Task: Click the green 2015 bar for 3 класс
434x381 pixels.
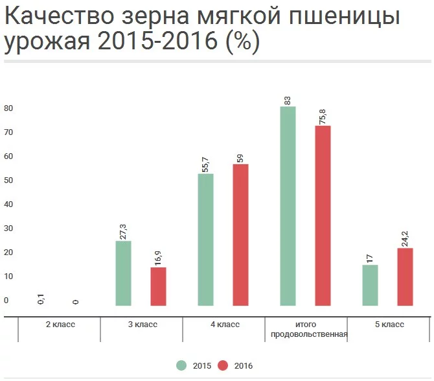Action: [123, 273]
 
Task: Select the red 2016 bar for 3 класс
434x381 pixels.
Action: [158, 286]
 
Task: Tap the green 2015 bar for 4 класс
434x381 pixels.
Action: [205, 240]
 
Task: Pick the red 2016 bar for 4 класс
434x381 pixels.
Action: [240, 234]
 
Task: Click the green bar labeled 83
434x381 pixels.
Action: [288, 206]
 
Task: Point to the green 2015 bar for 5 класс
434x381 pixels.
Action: [370, 285]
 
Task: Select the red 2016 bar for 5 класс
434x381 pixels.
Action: [405, 277]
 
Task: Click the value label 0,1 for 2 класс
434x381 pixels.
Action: [41, 299]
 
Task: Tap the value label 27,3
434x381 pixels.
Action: [123, 230]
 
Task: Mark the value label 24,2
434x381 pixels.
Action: [405, 238]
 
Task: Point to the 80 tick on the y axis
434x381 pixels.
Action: [8, 108]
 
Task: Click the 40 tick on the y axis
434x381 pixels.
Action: [8, 204]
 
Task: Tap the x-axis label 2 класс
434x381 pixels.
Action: [60, 325]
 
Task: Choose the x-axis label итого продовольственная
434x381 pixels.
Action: [306, 330]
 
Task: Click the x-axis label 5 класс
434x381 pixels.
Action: [389, 325]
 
